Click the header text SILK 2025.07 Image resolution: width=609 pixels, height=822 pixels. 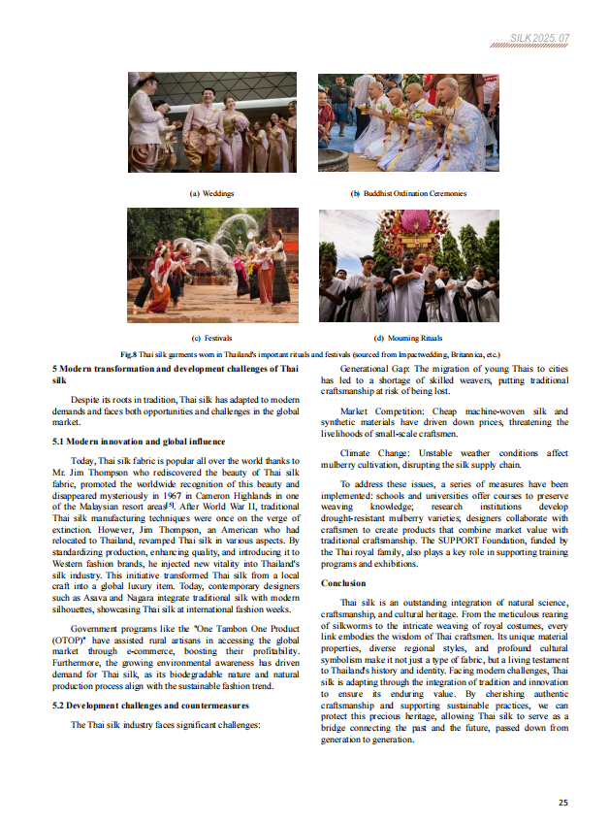pyautogui.click(x=540, y=37)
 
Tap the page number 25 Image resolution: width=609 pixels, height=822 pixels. pyautogui.click(x=563, y=802)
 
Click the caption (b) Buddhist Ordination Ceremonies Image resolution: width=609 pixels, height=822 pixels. pyautogui.click(x=407, y=193)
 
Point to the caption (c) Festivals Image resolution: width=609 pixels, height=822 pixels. pyautogui.click(x=210, y=338)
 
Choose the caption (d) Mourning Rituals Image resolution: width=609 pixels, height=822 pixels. pyautogui.click(x=407, y=338)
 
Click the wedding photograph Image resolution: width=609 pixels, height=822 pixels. pyautogui.click(x=212, y=123)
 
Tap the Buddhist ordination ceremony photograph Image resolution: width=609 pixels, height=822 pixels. pyautogui.click(x=407, y=123)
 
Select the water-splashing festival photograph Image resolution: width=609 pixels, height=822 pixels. pyautogui.click(x=212, y=265)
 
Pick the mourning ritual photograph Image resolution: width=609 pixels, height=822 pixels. pyautogui.click(x=408, y=265)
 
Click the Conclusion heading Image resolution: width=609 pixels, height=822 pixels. pyautogui.click(x=343, y=583)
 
